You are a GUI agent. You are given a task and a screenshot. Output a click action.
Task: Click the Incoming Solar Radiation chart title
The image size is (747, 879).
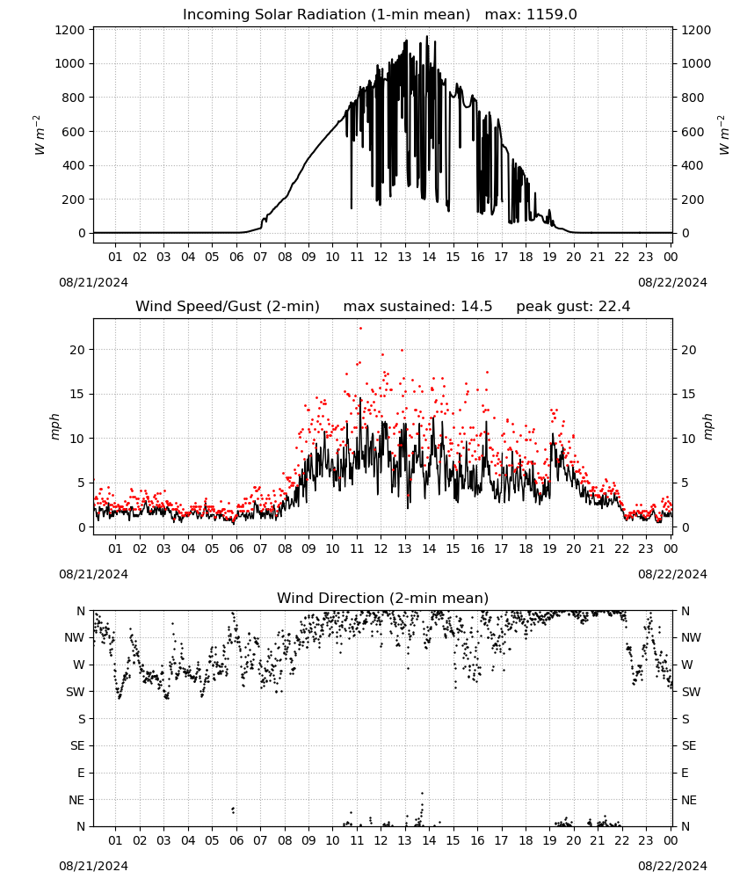click(x=326, y=15)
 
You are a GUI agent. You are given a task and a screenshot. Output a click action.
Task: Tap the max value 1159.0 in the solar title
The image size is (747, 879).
click(x=552, y=15)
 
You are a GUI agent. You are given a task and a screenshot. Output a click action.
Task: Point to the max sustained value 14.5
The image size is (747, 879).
click(x=476, y=307)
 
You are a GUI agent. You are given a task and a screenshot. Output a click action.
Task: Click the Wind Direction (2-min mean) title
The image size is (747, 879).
click(x=383, y=598)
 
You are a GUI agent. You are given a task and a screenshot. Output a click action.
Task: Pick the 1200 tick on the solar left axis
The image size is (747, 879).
click(x=69, y=30)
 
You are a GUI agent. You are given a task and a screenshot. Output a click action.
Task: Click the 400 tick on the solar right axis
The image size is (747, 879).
click(x=693, y=165)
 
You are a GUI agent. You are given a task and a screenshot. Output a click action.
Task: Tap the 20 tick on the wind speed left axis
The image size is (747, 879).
click(x=77, y=350)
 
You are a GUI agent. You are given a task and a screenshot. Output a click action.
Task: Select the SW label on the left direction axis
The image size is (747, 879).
click(x=76, y=692)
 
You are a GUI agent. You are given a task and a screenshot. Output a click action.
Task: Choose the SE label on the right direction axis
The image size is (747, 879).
click(x=689, y=745)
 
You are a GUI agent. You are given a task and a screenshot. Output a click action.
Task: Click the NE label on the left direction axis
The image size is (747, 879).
click(x=76, y=800)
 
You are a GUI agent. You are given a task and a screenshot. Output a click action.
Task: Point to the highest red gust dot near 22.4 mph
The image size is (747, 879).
click(x=360, y=329)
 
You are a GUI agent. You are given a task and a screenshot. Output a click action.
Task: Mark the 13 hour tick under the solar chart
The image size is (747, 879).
click(x=404, y=257)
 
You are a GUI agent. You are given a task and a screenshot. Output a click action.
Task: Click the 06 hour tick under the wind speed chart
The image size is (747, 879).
click(x=236, y=548)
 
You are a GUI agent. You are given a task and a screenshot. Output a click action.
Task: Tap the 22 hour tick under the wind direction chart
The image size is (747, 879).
click(x=621, y=840)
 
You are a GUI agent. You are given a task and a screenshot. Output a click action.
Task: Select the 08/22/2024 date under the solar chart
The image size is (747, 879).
click(x=672, y=282)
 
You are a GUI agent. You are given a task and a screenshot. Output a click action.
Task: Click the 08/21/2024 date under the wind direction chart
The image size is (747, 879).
click(x=93, y=866)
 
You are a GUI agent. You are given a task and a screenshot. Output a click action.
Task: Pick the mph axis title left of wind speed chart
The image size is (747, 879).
click(x=54, y=426)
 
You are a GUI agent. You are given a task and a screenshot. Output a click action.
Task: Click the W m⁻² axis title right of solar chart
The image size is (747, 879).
click(x=723, y=135)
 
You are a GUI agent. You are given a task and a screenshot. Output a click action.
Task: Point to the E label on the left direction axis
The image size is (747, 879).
click(x=81, y=773)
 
